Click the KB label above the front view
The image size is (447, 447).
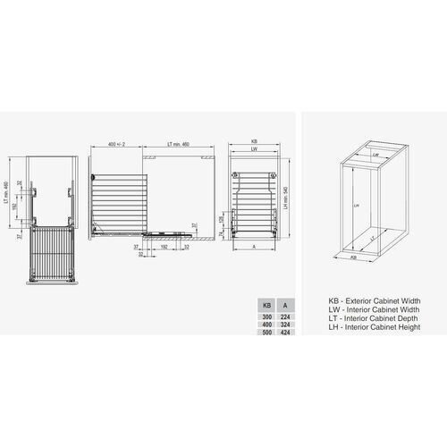click(x=254, y=141)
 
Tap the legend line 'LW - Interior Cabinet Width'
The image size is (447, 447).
click(x=361, y=309)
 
